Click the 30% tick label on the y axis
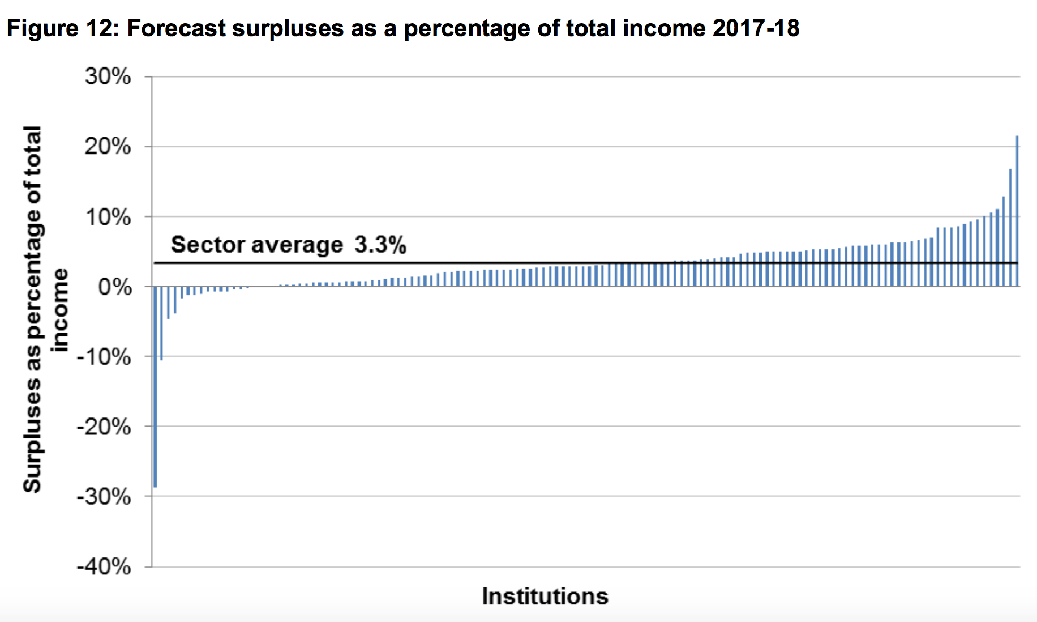(108, 76)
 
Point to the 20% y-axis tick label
(108, 147)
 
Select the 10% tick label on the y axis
(108, 217)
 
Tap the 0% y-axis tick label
(115, 287)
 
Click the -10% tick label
(104, 357)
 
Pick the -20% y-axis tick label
(104, 427)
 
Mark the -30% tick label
(104, 497)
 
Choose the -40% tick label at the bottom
(104, 566)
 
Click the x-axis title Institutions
(545, 597)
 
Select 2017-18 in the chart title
(756, 28)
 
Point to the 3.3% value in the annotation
(380, 245)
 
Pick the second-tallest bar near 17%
(1010, 227)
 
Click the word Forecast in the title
(176, 28)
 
